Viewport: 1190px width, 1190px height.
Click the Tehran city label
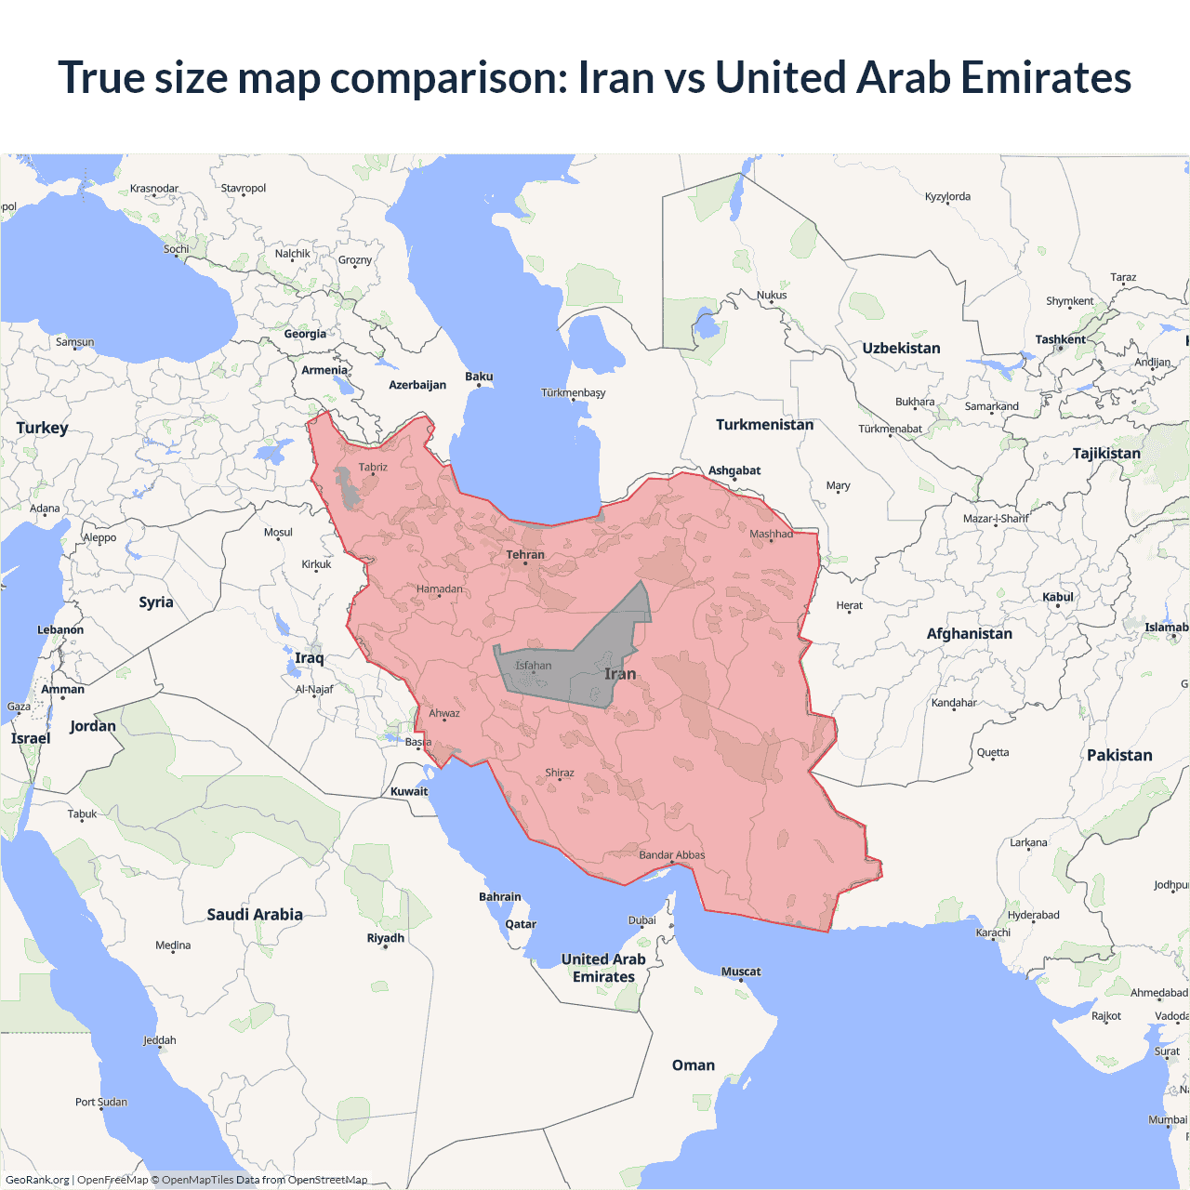pyautogui.click(x=525, y=555)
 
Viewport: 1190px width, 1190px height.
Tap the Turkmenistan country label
pyautogui.click(x=764, y=425)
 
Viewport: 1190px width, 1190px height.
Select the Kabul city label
pyautogui.click(x=1058, y=597)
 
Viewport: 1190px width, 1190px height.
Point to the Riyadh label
pyautogui.click(x=386, y=938)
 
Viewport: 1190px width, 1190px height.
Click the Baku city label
pyautogui.click(x=479, y=377)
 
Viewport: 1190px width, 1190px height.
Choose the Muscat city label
pyautogui.click(x=741, y=972)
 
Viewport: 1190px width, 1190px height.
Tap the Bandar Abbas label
pyautogui.click(x=672, y=855)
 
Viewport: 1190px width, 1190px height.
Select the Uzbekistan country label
pyautogui.click(x=901, y=349)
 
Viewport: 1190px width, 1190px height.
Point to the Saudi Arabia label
pyautogui.click(x=255, y=915)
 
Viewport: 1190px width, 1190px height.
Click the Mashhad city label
pyautogui.click(x=771, y=534)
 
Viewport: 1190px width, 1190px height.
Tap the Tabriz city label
pyautogui.click(x=373, y=468)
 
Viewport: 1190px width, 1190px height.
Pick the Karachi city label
pyautogui.click(x=993, y=932)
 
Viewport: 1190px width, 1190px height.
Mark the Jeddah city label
pyautogui.click(x=160, y=1040)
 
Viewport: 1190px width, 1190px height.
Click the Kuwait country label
pyautogui.click(x=409, y=792)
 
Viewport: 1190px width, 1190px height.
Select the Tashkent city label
pyautogui.click(x=1060, y=339)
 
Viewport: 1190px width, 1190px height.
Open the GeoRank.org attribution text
pyautogui.click(x=37, y=1180)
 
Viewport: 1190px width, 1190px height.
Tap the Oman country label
pyautogui.click(x=694, y=1065)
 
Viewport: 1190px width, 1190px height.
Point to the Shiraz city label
pyautogui.click(x=560, y=773)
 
